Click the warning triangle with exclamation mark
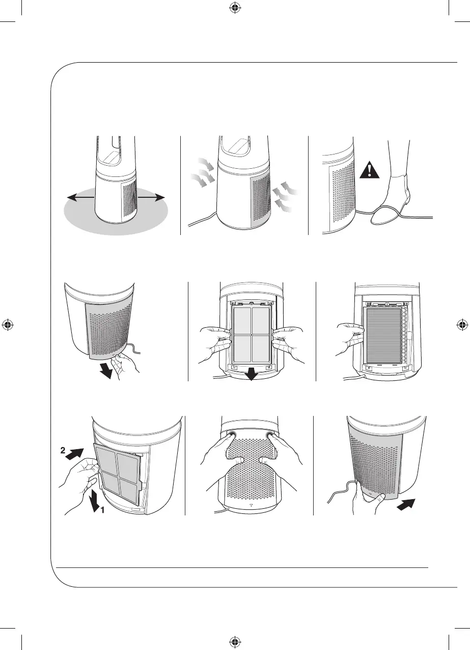(369, 167)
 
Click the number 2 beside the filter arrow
(62, 451)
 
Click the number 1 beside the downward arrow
(101, 514)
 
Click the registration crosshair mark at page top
(235, 7)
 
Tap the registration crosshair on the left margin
(7, 325)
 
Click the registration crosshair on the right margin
(462, 325)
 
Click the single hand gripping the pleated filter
(351, 339)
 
